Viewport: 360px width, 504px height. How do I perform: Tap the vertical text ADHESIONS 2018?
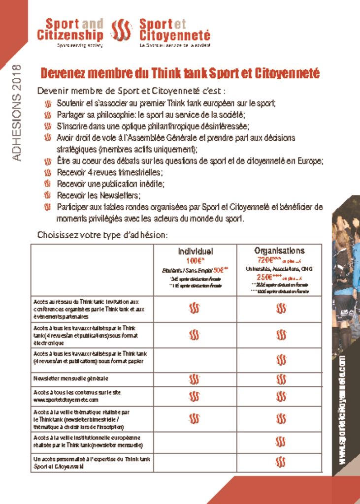click(16, 113)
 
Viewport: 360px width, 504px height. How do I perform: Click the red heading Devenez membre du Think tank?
click(180, 74)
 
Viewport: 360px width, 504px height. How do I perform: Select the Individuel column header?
click(196, 251)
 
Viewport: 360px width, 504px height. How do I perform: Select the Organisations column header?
click(279, 251)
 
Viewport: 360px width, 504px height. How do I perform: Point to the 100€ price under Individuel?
click(195, 260)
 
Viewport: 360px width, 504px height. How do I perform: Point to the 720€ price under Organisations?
click(268, 259)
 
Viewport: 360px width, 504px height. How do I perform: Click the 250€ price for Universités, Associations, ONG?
click(268, 277)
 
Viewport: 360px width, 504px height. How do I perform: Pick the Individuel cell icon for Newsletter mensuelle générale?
click(195, 379)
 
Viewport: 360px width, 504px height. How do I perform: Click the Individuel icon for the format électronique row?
click(195, 335)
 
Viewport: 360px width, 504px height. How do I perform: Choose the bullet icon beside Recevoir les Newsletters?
click(48, 196)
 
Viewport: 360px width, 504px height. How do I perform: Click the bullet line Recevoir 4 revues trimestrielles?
click(109, 173)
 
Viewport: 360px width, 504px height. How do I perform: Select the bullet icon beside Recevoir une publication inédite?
click(48, 184)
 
